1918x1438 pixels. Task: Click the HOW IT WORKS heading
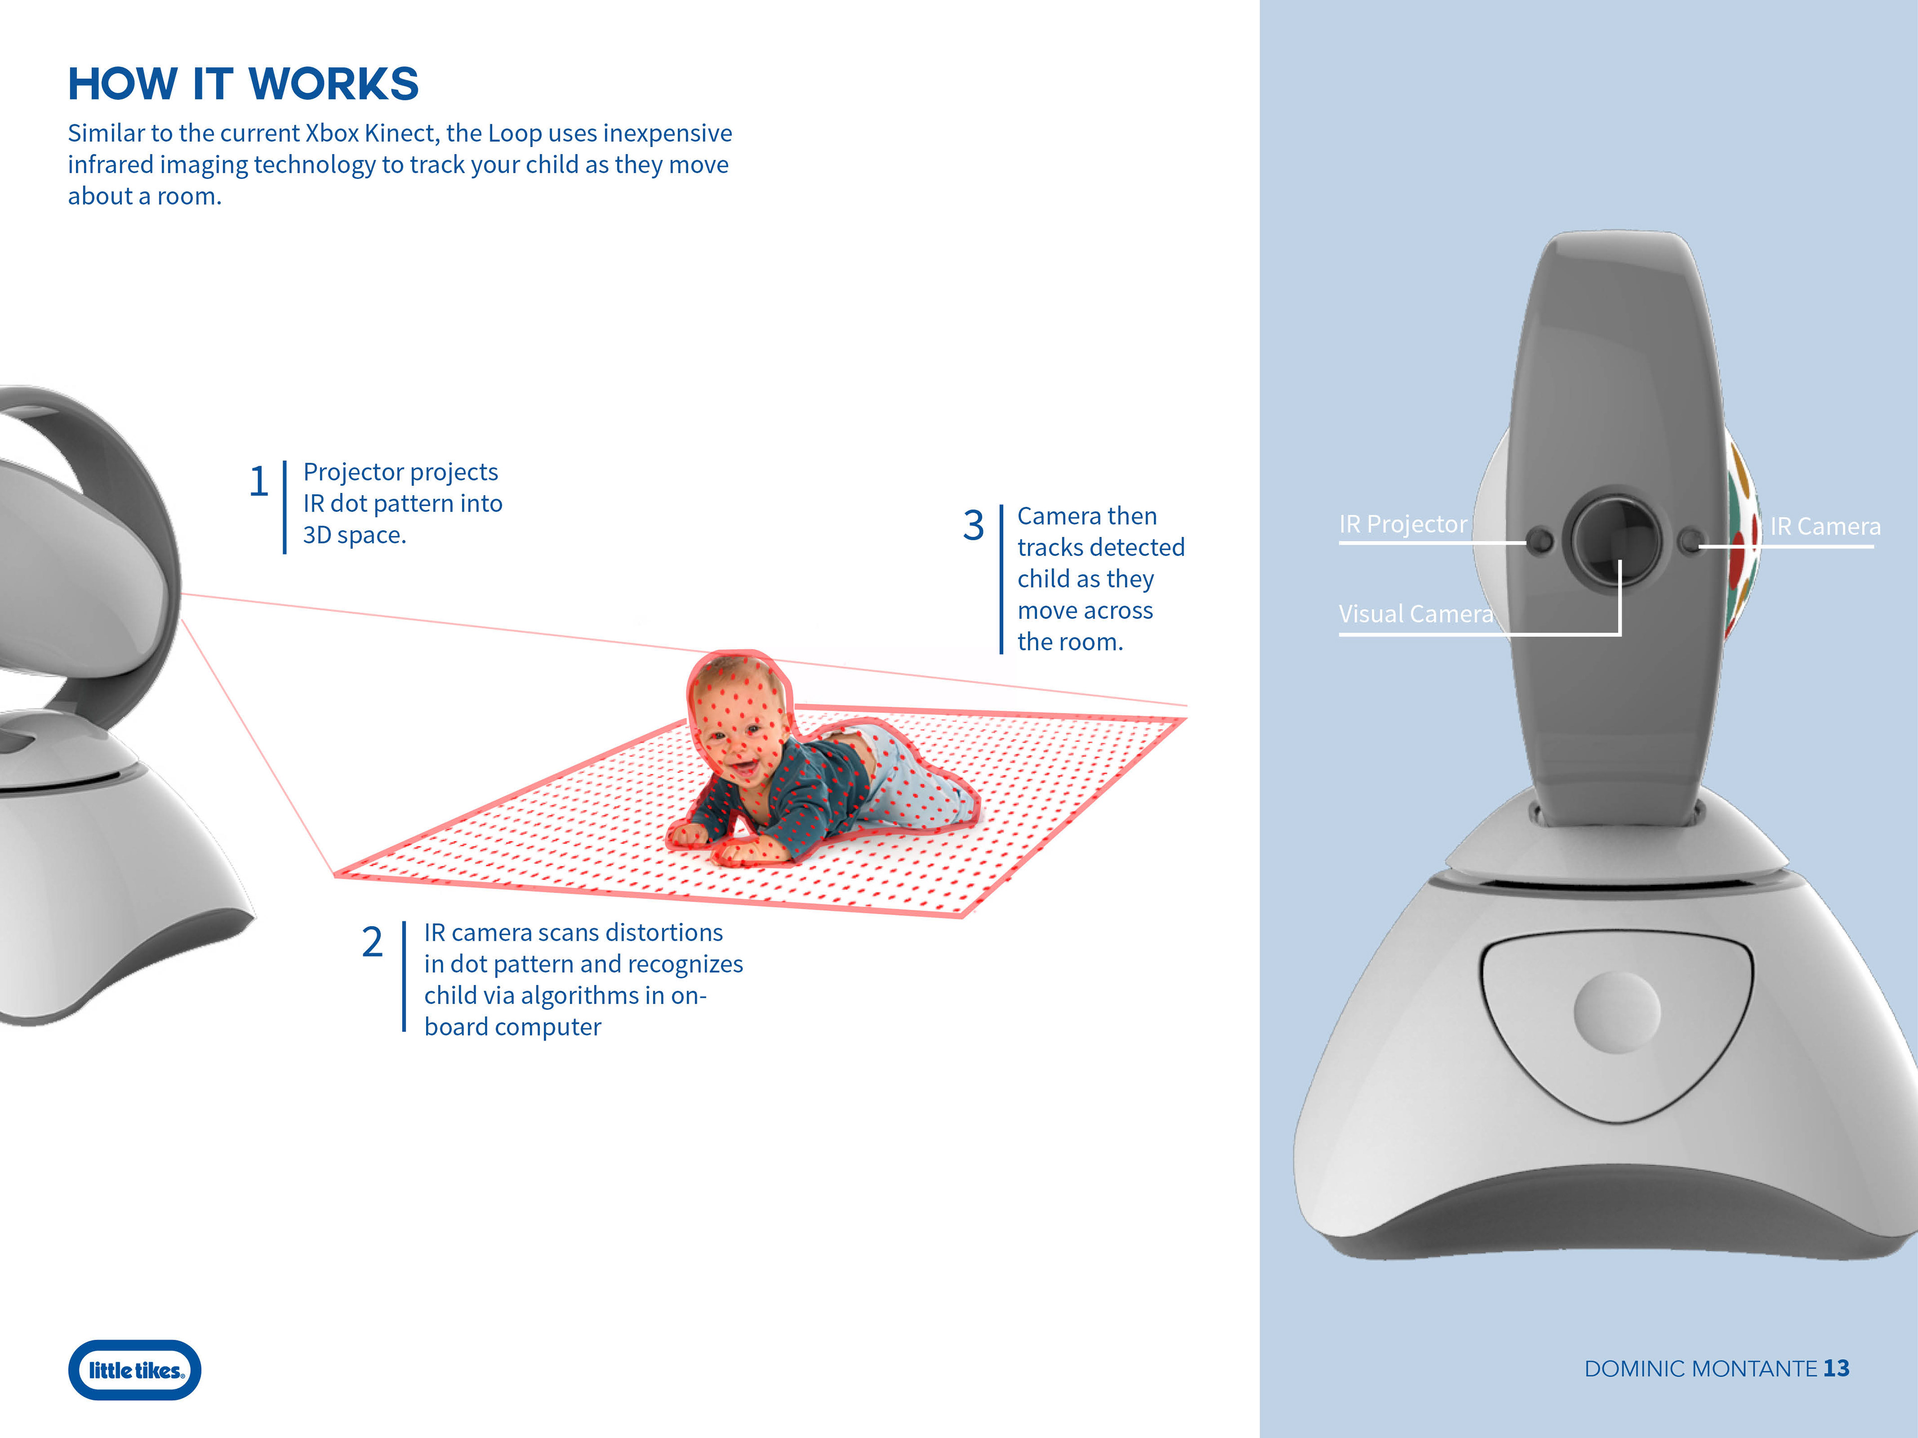[244, 84]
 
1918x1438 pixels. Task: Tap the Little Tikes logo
[134, 1370]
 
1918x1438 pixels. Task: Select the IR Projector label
[1403, 524]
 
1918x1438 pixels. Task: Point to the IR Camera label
[1825, 526]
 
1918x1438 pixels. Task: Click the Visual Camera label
[1416, 614]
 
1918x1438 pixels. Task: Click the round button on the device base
[1617, 1012]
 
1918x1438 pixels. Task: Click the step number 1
[258, 482]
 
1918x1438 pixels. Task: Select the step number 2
[372, 942]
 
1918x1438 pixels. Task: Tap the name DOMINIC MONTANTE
[1700, 1369]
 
